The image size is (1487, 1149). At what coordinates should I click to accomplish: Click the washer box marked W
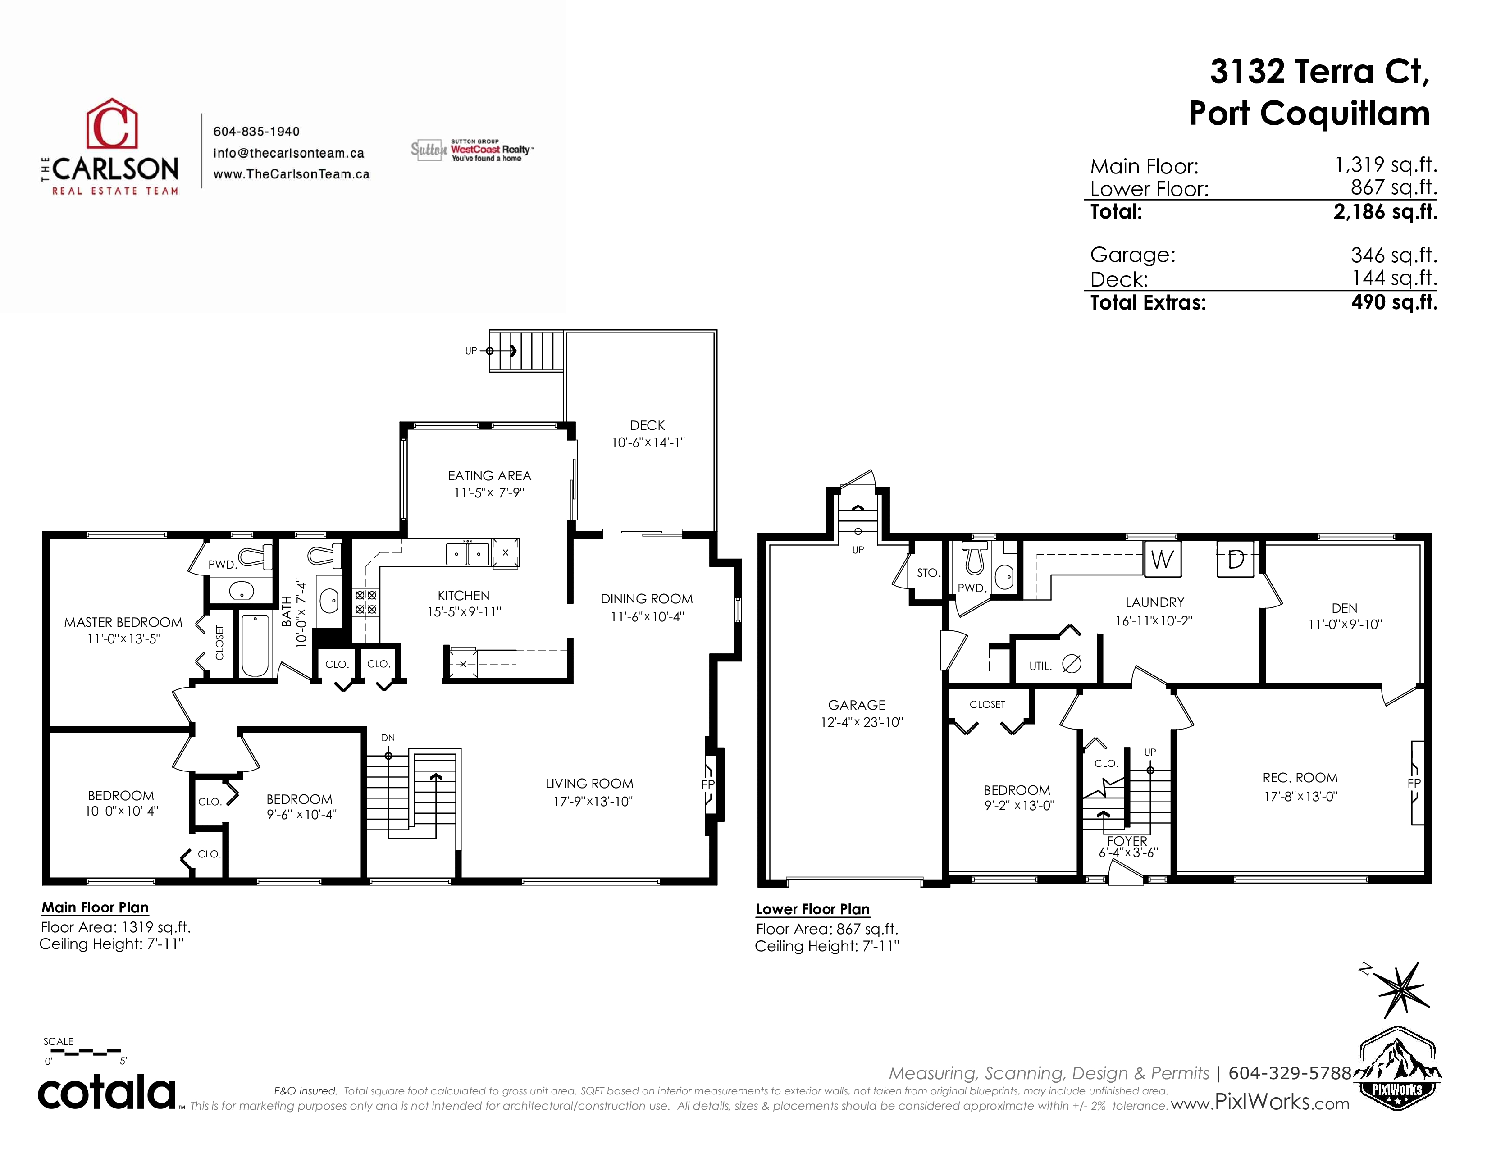pos(1162,559)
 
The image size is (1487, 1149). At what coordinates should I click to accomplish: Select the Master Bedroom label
pos(123,622)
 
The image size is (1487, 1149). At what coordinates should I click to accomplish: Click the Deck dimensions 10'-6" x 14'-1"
pos(648,442)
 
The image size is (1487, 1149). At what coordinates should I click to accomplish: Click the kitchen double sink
pos(468,553)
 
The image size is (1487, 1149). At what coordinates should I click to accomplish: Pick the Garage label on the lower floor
pos(857,705)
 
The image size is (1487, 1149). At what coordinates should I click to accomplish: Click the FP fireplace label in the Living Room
pos(708,785)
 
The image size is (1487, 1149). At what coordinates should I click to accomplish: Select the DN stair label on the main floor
pos(388,738)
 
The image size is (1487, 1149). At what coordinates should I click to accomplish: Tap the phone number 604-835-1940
pos(257,132)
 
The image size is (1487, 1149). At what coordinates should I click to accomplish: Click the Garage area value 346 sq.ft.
pos(1394,255)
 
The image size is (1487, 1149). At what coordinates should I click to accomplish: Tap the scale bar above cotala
pos(82,1052)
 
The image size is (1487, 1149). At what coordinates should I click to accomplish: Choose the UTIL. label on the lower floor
pos(1040,666)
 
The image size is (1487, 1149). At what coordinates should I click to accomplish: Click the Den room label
pos(1344,608)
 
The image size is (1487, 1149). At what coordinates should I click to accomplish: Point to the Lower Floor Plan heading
pos(813,909)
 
